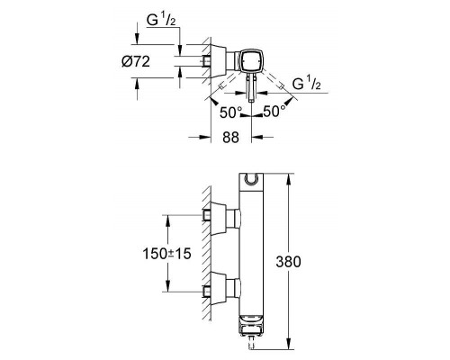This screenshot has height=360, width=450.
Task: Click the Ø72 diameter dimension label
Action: point(136,62)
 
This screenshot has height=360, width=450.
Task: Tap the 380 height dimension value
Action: point(288,262)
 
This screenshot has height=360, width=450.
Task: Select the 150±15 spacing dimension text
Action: point(166,254)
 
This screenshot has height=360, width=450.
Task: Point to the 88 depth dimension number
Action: point(230,138)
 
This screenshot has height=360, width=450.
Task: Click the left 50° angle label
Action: point(230,112)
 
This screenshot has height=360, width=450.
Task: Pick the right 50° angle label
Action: point(274,112)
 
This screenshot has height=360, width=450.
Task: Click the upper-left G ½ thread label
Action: point(161,21)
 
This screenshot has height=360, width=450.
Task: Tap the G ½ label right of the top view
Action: point(306,84)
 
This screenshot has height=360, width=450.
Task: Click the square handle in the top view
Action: point(252,60)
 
